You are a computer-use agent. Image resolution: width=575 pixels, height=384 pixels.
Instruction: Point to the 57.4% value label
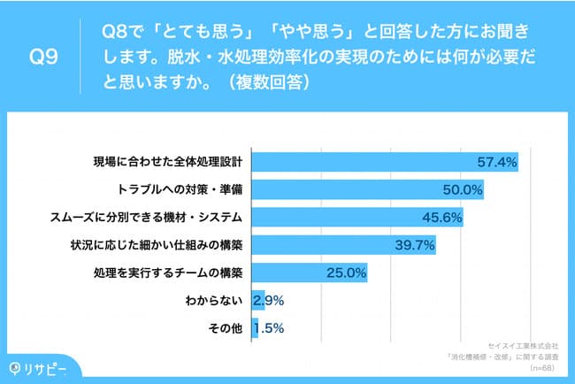[x=495, y=163]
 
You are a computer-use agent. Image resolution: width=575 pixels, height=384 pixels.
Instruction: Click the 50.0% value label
[x=463, y=190]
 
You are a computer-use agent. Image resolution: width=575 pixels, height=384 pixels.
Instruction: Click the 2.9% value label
[x=267, y=301]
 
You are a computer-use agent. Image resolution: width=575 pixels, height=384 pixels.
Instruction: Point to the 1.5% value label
[x=267, y=328]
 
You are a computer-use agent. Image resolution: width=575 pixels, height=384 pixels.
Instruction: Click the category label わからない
[x=217, y=301]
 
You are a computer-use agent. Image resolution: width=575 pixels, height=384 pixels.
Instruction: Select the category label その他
[x=226, y=328]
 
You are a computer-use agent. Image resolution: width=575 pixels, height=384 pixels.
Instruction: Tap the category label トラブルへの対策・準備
[x=180, y=190]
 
